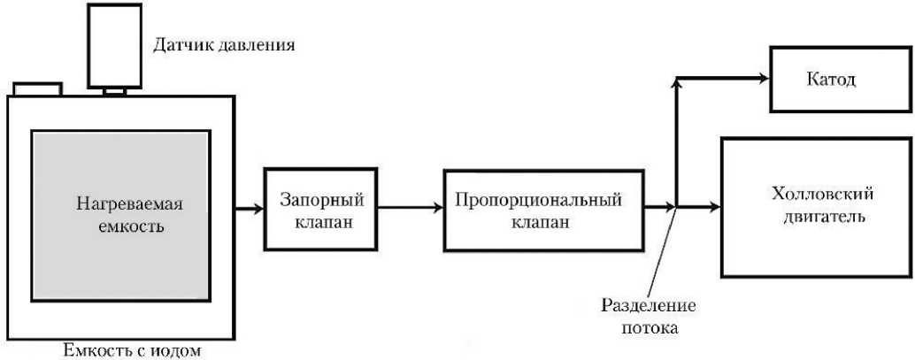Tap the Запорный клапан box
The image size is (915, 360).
coord(315,210)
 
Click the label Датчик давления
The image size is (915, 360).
coord(224,42)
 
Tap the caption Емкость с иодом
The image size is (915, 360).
coord(132,350)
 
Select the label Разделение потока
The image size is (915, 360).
coord(649,317)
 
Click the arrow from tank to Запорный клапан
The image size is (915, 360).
coord(250,210)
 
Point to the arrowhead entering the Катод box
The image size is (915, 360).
coord(765,79)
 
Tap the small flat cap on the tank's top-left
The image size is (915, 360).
coord(37,88)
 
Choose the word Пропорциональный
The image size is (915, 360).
coord(538,200)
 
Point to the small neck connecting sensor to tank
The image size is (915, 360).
coord(115,90)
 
